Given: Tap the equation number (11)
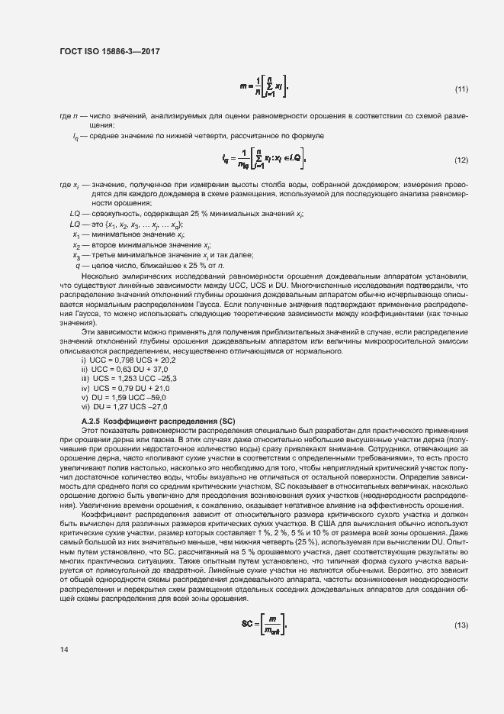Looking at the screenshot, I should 461,89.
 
